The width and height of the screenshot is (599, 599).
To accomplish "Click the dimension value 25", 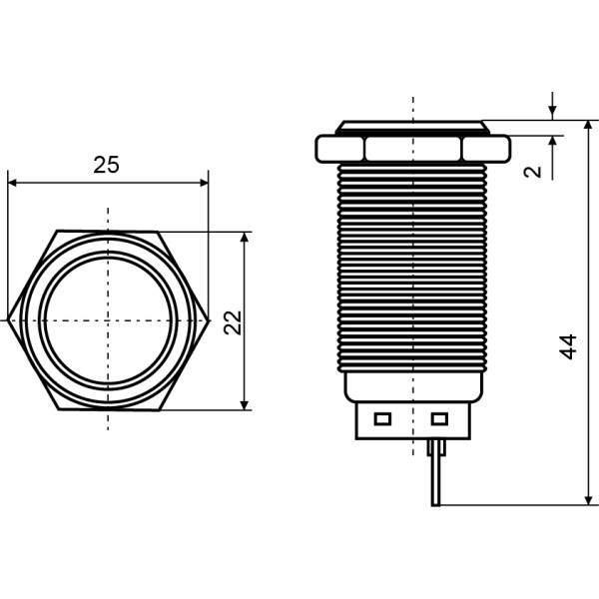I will [x=106, y=165].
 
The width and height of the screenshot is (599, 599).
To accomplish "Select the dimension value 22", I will [x=233, y=321].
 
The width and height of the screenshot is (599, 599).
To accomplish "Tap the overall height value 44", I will [x=568, y=346].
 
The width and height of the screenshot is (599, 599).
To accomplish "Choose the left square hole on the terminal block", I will [x=381, y=418].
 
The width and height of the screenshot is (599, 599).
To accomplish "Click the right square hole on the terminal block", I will [x=439, y=418].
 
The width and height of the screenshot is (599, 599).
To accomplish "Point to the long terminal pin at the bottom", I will [x=435, y=474].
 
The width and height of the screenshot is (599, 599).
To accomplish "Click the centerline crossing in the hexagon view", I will [x=108, y=320].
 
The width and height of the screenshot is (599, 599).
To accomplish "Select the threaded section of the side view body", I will [x=412, y=265].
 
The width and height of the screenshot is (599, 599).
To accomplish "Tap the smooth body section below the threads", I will [x=412, y=384].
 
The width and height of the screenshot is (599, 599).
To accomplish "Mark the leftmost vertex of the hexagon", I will [x=8, y=320].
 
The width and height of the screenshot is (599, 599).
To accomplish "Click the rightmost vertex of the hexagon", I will [x=208, y=320].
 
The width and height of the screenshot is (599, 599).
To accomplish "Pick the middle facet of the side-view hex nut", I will [x=413, y=149].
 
